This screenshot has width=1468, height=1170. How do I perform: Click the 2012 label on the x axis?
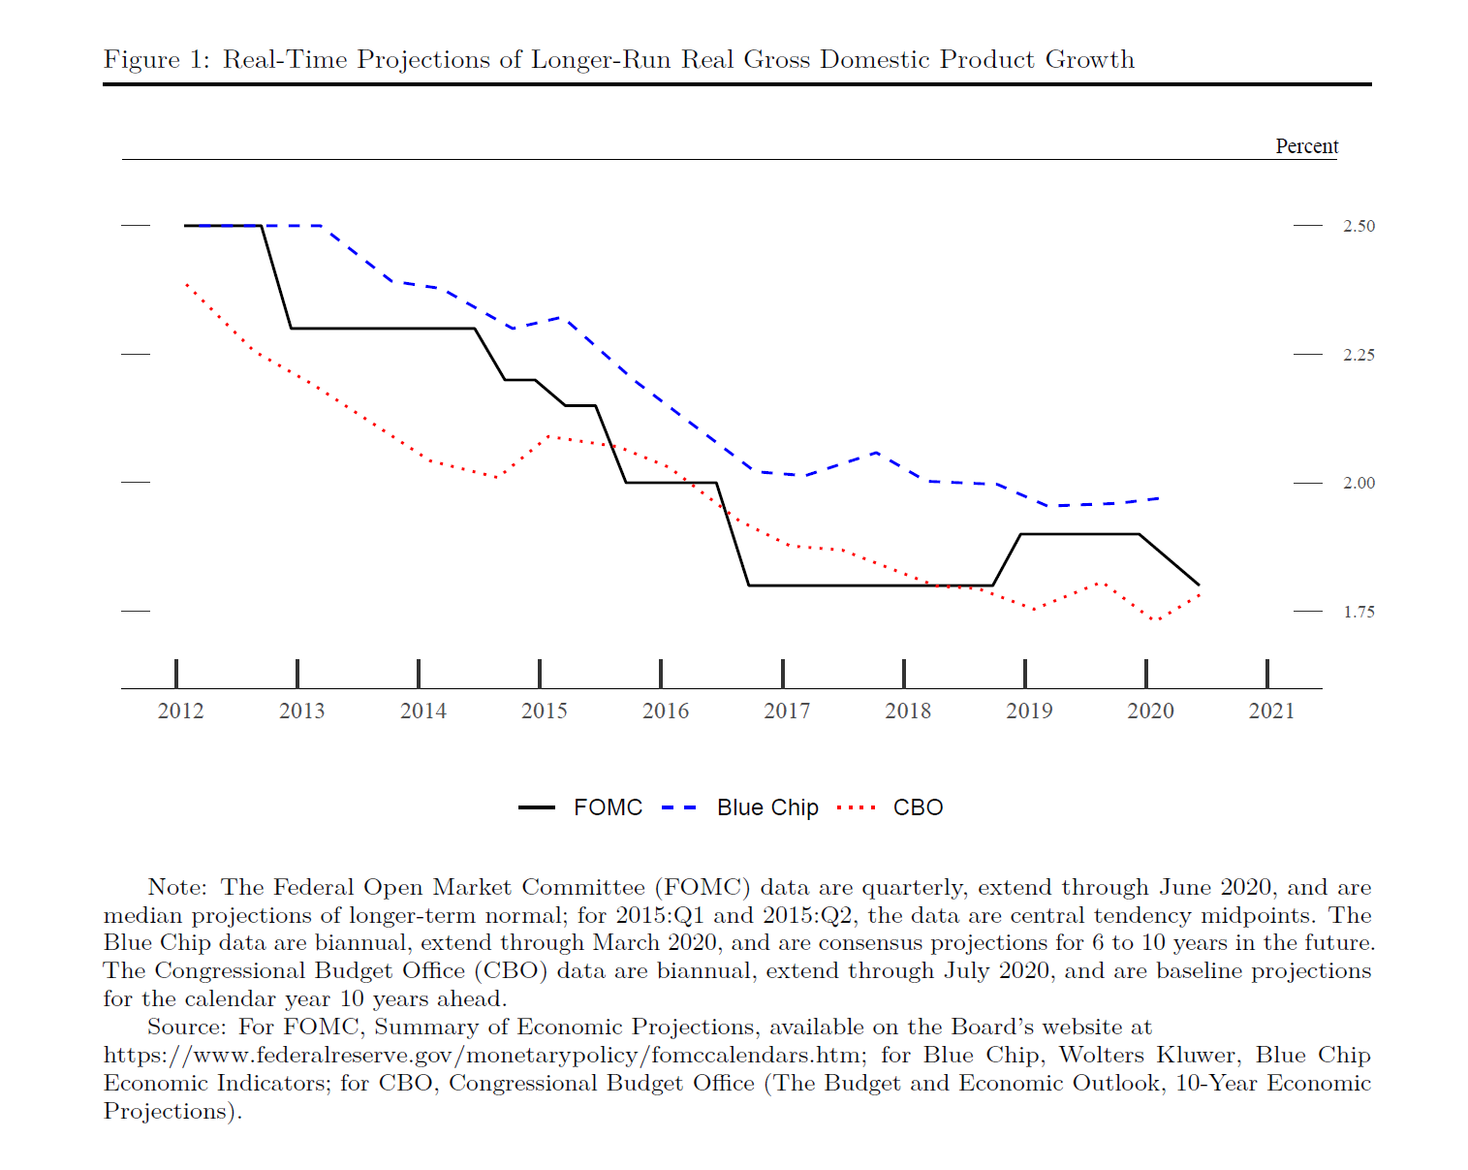pos(180,711)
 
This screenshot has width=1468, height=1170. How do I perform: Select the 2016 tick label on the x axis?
pos(666,711)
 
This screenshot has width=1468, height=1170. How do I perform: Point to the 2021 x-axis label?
pos(1271,711)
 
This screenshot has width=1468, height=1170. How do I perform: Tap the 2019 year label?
pos(1029,711)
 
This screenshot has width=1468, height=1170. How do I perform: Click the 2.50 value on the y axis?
pos(1359,226)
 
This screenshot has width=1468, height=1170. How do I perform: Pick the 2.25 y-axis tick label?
pos(1359,355)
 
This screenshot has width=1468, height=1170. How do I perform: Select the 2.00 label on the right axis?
pos(1359,483)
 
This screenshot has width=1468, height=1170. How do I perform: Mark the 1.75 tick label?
pos(1359,612)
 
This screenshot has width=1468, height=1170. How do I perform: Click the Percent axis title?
pos(1306,146)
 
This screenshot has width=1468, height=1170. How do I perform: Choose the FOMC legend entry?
pos(608,807)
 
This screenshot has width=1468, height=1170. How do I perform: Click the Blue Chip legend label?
pos(767,807)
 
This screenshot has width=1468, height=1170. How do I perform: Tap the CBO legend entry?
pos(918,807)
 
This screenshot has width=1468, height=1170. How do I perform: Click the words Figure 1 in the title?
pos(156,60)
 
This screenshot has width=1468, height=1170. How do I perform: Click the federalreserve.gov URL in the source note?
pos(482,1055)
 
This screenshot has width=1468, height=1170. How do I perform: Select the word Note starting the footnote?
pos(176,888)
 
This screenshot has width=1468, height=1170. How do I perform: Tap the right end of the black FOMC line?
pos(1199,585)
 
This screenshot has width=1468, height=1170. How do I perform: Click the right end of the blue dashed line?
pos(1161,498)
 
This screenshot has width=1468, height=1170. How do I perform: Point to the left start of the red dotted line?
pos(186,284)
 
